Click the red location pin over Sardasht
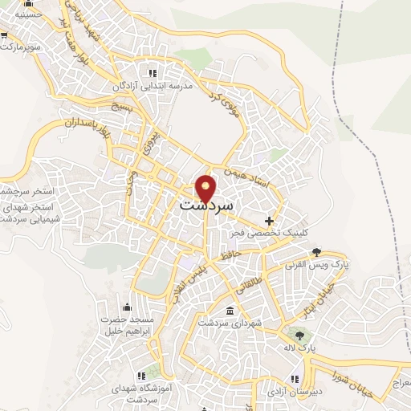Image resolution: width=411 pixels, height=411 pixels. (206, 188)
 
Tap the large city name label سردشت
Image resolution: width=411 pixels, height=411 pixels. (206, 205)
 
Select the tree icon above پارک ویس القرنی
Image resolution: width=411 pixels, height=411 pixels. (316, 250)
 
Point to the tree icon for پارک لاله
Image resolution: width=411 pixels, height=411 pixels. (300, 336)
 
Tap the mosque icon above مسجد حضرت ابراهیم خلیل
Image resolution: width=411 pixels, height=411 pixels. (126, 307)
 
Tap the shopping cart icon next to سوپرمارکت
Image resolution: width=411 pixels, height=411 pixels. (4, 36)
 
